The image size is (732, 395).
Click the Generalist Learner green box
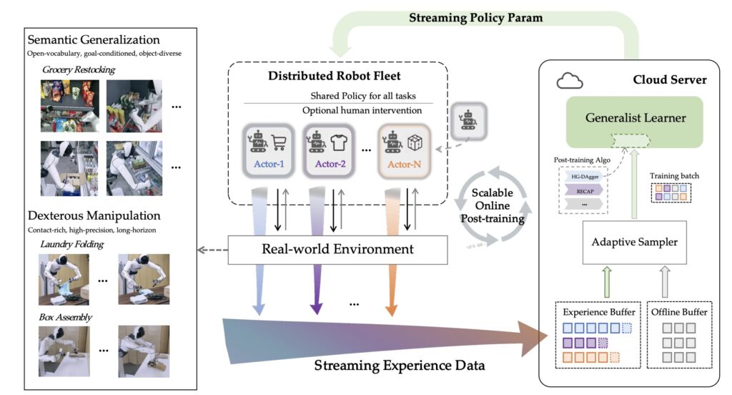(635, 117)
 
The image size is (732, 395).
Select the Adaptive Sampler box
(635, 242)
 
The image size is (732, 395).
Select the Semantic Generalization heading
(93, 40)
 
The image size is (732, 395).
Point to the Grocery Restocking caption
(78, 69)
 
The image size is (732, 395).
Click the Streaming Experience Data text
(400, 366)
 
